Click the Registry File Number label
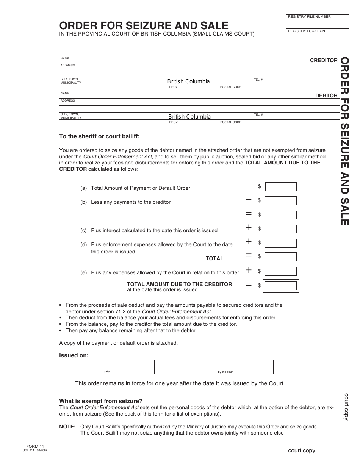point(309,17)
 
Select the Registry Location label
point(306,31)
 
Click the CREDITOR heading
point(324,60)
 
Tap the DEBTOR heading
point(326,95)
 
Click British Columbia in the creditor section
point(188,81)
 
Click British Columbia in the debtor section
point(189,117)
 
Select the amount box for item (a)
point(280,186)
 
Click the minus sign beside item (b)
point(249,199)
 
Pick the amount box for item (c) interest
point(280,229)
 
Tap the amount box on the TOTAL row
point(280,256)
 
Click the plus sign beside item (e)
point(249,270)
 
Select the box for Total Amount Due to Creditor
point(280,285)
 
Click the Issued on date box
point(106,367)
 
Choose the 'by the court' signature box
point(225,367)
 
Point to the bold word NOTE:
point(67,427)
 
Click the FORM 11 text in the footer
point(33,447)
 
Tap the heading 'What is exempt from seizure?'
point(101,401)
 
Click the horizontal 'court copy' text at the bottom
point(301,450)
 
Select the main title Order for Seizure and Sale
point(144,25)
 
